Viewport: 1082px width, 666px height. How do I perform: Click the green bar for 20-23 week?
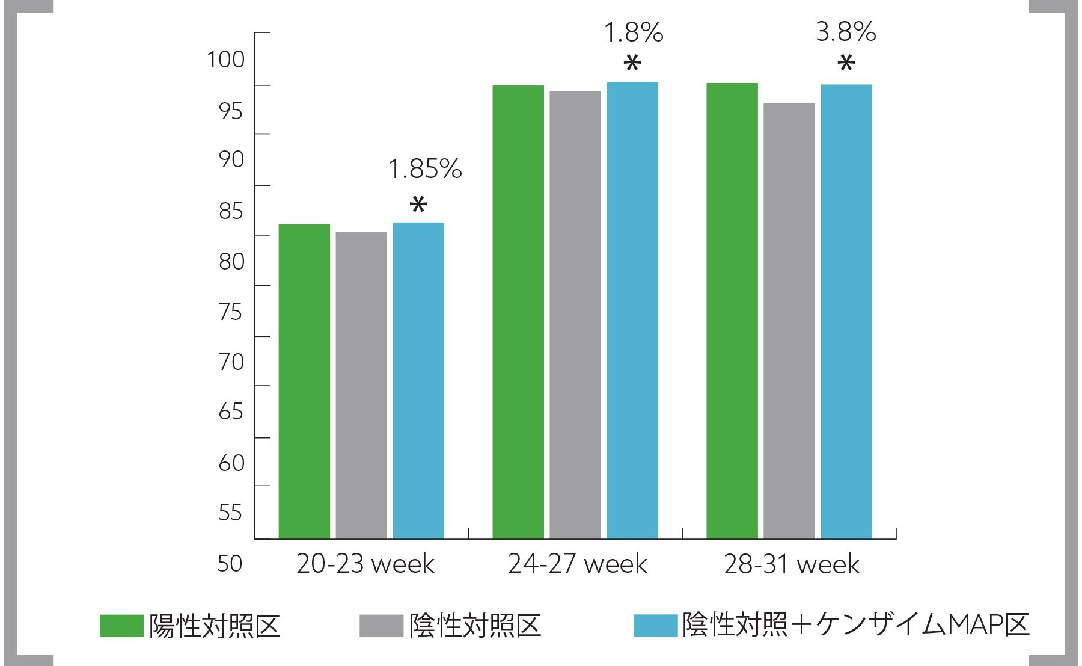(304, 381)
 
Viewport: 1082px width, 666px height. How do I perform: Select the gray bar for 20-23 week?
(361, 385)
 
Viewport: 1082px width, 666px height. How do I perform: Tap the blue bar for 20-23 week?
(418, 380)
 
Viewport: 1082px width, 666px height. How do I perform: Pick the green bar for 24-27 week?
(518, 312)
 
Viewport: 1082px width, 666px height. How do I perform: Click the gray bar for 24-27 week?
(575, 315)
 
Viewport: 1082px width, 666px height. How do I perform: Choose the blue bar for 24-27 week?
(632, 310)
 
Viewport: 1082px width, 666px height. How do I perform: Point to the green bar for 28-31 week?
(732, 310)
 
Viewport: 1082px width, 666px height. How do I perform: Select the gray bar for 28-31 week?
(789, 321)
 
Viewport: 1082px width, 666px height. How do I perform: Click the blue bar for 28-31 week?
(846, 312)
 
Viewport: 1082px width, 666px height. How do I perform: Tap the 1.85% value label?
(425, 169)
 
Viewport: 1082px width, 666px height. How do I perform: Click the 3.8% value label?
(846, 32)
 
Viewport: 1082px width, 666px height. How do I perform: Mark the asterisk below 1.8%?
(632, 63)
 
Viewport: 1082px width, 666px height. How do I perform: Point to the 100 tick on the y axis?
(226, 60)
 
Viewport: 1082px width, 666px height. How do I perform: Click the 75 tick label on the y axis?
(231, 312)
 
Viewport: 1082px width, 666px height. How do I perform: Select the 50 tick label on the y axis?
(230, 564)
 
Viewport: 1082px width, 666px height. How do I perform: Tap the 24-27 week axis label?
(578, 564)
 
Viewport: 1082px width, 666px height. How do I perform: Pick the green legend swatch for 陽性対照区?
(121, 626)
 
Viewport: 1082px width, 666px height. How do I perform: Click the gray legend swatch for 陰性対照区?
(381, 626)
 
